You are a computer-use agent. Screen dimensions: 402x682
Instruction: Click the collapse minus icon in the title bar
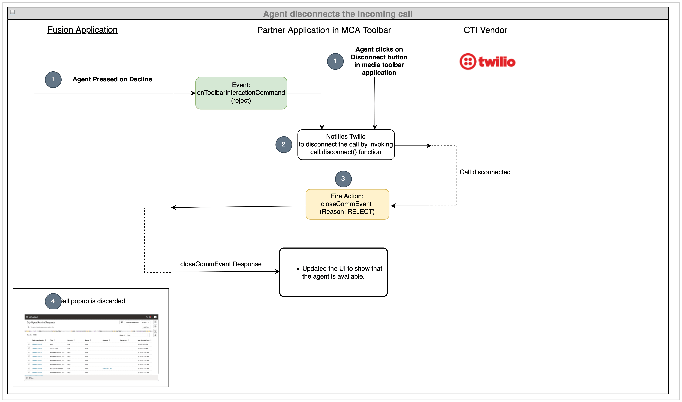12,12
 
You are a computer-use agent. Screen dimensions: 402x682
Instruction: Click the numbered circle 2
283,144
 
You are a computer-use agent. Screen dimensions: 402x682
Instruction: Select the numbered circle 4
53,301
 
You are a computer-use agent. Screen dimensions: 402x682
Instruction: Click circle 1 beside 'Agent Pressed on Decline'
53,79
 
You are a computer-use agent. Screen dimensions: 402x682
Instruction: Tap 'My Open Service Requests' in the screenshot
41,322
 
